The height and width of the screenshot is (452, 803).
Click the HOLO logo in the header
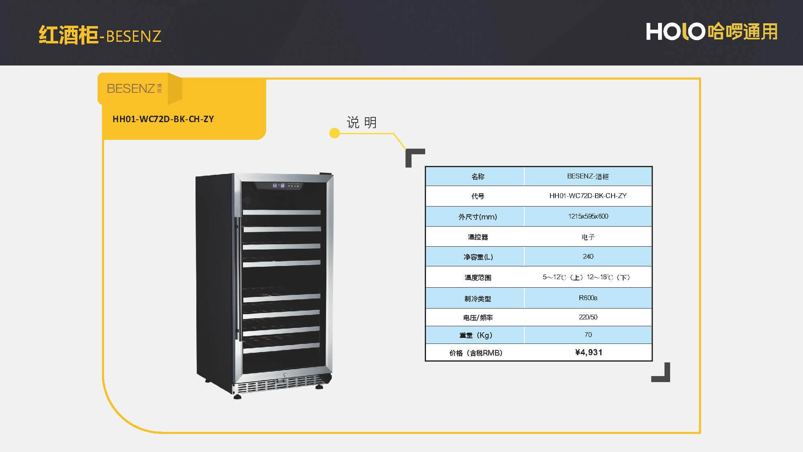(x=711, y=32)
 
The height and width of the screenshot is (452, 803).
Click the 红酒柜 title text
(x=68, y=35)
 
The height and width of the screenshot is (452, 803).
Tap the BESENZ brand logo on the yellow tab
(x=134, y=88)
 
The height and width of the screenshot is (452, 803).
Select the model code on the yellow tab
(x=163, y=119)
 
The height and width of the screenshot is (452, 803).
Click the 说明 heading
(x=361, y=122)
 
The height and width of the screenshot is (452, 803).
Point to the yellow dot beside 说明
(x=334, y=133)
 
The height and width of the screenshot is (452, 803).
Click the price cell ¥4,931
(x=588, y=352)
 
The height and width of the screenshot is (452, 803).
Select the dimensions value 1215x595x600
(x=588, y=216)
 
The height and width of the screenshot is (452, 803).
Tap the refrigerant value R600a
(x=588, y=298)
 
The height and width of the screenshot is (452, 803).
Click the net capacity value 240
(x=588, y=256)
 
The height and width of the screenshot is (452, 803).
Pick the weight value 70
(x=588, y=335)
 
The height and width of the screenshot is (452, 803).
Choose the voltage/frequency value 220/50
(x=588, y=317)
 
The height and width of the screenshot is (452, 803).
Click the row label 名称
(x=477, y=176)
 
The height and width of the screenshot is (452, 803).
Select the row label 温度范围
(x=477, y=277)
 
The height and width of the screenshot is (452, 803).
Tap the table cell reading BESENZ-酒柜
(x=588, y=176)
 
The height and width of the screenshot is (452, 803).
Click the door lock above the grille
(x=285, y=375)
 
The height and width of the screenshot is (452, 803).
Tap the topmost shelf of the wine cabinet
(x=281, y=212)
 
